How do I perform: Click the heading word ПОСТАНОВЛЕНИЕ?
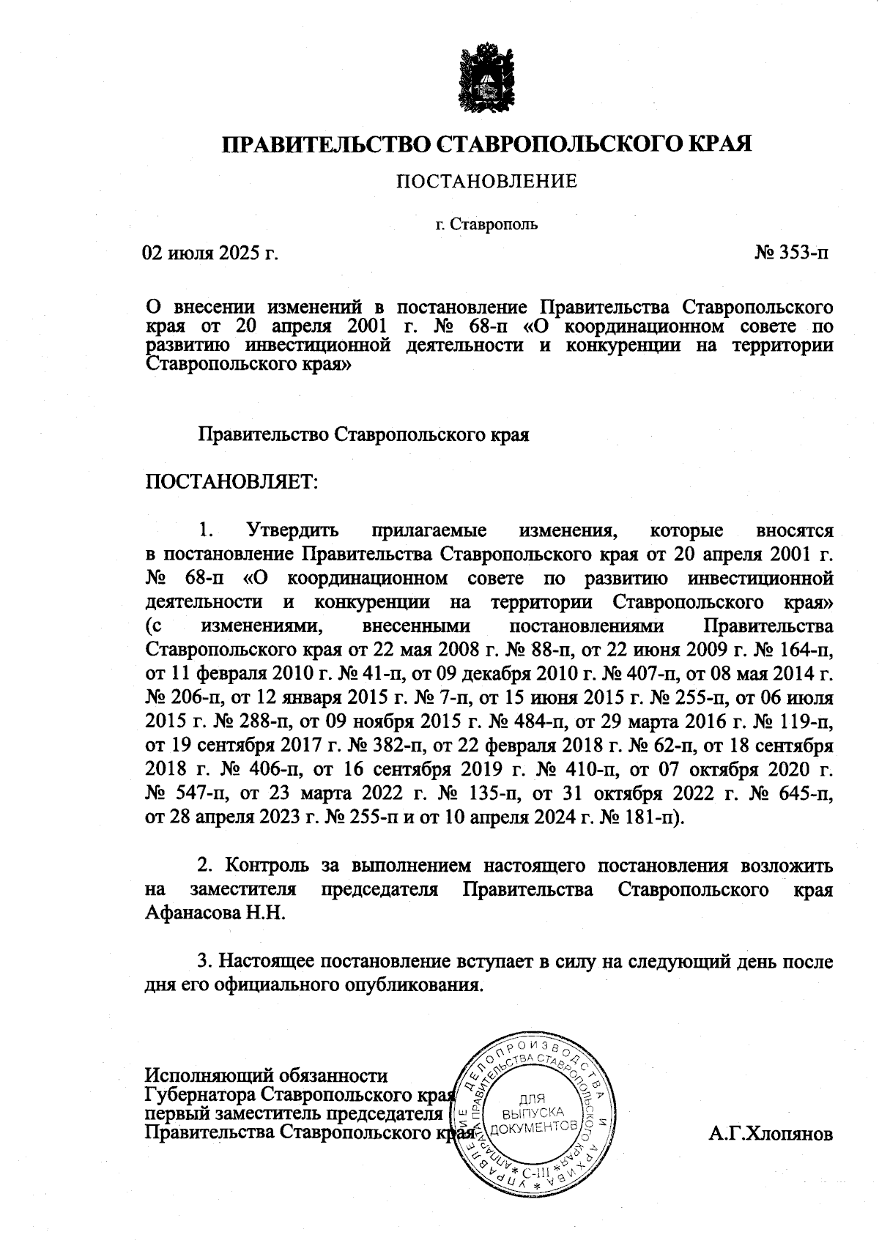pyautogui.click(x=486, y=181)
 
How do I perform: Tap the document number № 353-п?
pyautogui.click(x=793, y=253)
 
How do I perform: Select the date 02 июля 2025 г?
pyautogui.click(x=212, y=253)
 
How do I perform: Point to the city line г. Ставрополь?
pyautogui.click(x=486, y=223)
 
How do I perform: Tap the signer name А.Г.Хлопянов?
pyautogui.click(x=771, y=1135)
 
